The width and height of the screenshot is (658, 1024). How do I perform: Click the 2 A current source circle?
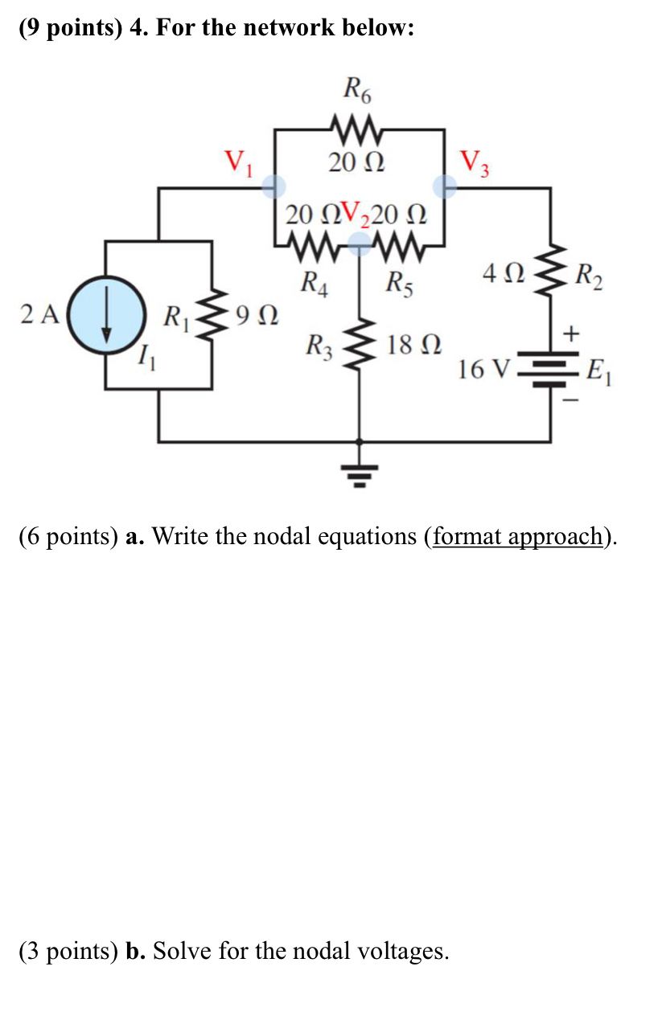point(106,314)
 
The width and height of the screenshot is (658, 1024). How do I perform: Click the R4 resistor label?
point(313,282)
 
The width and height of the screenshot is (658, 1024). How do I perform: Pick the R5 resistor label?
point(399,282)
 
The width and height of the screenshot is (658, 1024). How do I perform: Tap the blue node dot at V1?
point(275,187)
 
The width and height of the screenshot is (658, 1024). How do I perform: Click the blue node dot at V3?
point(445,187)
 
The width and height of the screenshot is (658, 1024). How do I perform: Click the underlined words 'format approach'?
point(518,536)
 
